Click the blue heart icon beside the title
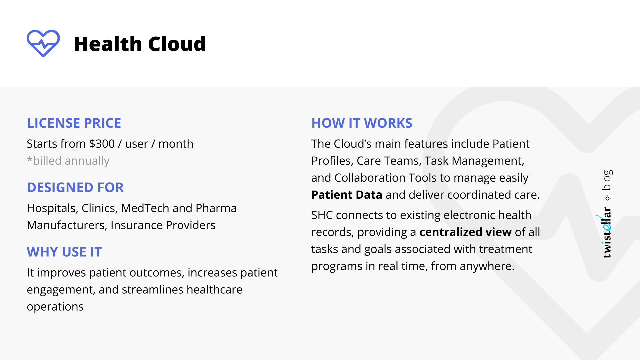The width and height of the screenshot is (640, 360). [x=43, y=43]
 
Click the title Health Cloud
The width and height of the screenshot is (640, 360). [x=140, y=44]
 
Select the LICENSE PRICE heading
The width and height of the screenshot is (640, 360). [x=74, y=123]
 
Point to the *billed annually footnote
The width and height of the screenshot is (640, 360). [x=68, y=161]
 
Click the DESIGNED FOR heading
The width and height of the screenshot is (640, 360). [x=75, y=187]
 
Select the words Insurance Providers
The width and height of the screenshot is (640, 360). [x=163, y=225]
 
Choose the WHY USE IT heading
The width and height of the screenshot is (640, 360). [x=64, y=252]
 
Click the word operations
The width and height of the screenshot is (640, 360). [x=55, y=306]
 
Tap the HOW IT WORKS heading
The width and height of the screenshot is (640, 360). [x=362, y=123]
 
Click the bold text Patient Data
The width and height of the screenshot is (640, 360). [x=347, y=195]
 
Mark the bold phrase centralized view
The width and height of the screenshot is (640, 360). [x=465, y=232]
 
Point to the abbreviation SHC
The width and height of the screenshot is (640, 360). [x=322, y=215]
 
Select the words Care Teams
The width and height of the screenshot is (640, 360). [x=387, y=161]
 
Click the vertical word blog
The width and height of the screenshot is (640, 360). [x=607, y=180]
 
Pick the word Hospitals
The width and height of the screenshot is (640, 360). [x=52, y=208]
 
